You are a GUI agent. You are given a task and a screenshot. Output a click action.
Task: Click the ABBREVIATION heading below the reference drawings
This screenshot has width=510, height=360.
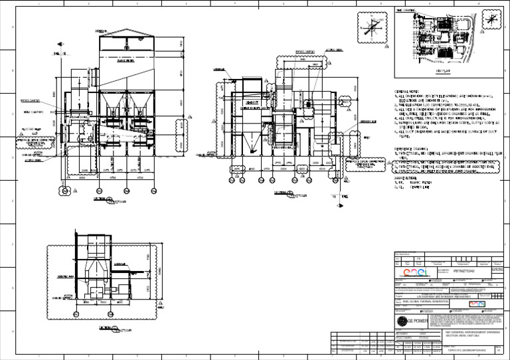click(x=408, y=178)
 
